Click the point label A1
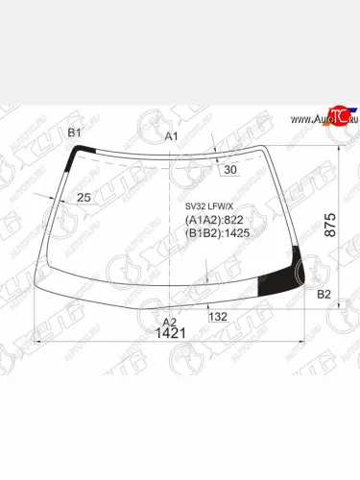coord(173,136)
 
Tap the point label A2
coord(170,322)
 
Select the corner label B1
coord(74,132)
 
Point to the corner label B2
coord(324,294)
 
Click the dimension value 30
coord(229,170)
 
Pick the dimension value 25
coord(84,197)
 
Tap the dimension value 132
coord(217,316)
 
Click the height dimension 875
coord(329,225)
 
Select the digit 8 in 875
coord(329,236)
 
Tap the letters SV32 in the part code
coord(195,204)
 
